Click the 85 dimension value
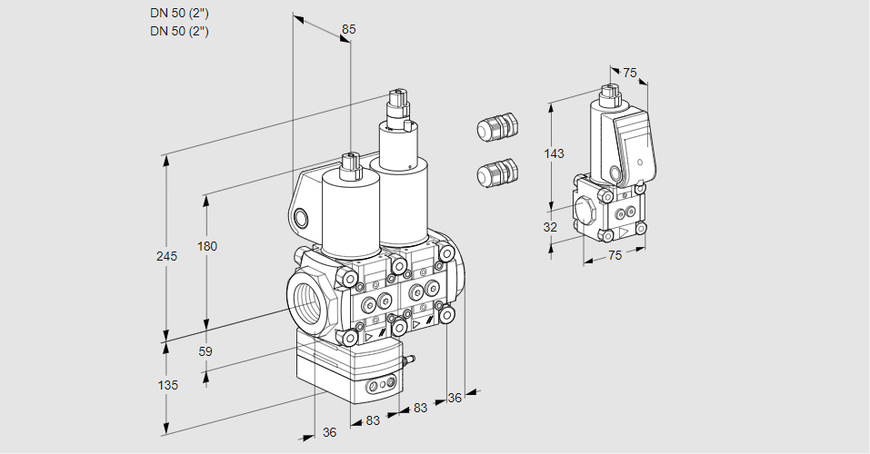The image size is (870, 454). click(x=348, y=29)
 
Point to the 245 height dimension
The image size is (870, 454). click(x=165, y=256)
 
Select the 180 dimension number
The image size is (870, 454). click(x=207, y=246)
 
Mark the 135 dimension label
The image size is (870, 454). click(x=167, y=385)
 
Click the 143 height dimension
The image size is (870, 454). click(x=553, y=153)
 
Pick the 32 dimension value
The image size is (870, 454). click(x=550, y=227)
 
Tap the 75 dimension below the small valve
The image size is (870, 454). click(x=615, y=256)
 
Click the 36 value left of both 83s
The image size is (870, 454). click(x=329, y=433)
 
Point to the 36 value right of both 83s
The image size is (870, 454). click(x=455, y=397)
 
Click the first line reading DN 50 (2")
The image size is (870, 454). click(x=180, y=13)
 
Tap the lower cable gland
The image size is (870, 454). click(x=496, y=173)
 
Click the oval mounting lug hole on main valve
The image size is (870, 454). click(x=301, y=217)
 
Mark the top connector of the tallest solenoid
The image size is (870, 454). click(x=397, y=101)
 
